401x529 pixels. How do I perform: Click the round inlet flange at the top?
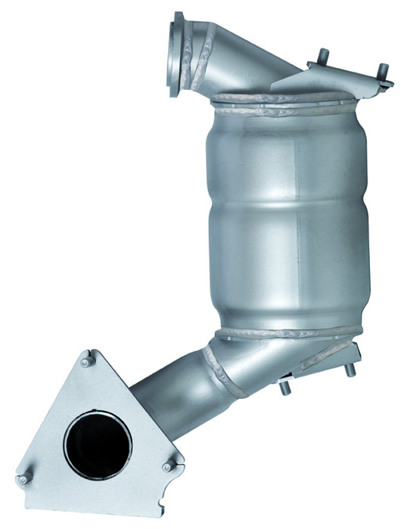pyautogui.click(x=178, y=54)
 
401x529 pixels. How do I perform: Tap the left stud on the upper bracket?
pyautogui.click(x=324, y=57)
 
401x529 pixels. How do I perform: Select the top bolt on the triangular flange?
pyautogui.click(x=87, y=360)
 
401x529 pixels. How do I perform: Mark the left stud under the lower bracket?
pyautogui.click(x=285, y=388)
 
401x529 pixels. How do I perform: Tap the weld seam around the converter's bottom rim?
pyautogui.click(x=288, y=333)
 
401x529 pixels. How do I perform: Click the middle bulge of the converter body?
pyautogui.click(x=288, y=219)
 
